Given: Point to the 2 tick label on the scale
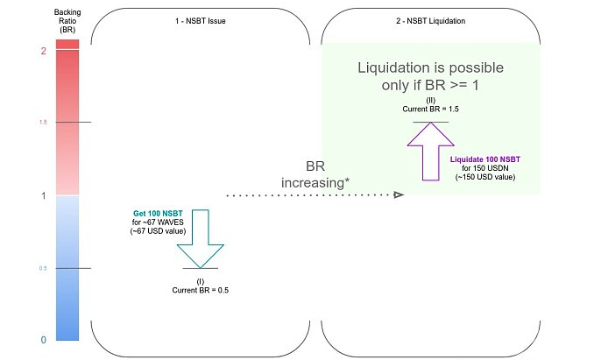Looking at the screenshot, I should point(42,51).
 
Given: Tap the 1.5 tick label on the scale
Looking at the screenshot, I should point(42,122).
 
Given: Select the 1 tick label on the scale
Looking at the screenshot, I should point(42,195).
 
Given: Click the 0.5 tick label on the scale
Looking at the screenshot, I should point(42,268).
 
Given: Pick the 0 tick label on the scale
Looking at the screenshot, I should point(42,340).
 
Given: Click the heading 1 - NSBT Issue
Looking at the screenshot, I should point(202,19).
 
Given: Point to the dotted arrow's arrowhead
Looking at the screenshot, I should point(398,195).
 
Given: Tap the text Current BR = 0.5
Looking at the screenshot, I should point(201,289).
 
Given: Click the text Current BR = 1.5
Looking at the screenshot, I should point(430,109).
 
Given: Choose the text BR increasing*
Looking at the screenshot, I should point(315,173).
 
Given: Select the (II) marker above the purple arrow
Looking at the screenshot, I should point(430,100).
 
